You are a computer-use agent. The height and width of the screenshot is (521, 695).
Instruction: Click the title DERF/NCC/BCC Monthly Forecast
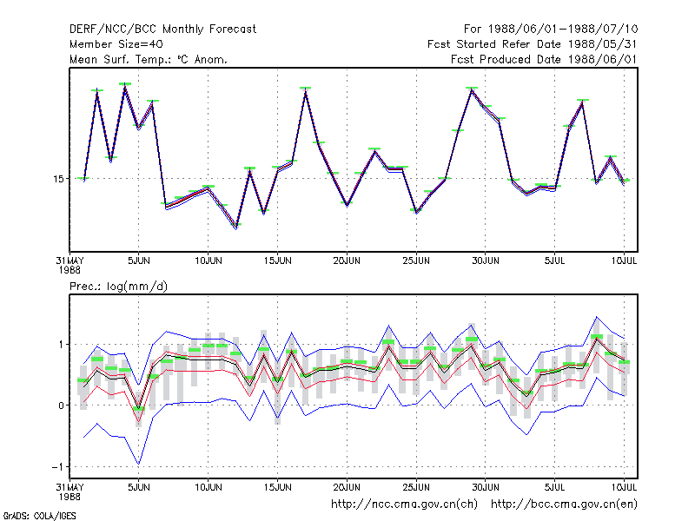coord(162,30)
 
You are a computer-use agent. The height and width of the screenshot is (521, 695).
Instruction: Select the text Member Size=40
coord(116,44)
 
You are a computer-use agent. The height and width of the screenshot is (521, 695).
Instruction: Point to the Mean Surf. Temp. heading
coord(148,59)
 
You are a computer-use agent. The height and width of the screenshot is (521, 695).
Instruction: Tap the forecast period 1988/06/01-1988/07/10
coord(563,30)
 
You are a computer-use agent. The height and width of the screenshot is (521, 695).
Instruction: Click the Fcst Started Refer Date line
coord(532,44)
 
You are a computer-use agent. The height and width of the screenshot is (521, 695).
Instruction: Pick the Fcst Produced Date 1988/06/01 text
coord(544,59)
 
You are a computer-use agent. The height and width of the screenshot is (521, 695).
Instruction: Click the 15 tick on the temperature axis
coord(58,179)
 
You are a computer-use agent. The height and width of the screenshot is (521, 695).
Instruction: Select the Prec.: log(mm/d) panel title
coord(118,287)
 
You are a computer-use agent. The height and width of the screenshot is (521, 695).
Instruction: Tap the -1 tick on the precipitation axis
coord(57,467)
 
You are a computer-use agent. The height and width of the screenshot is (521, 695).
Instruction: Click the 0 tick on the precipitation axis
coord(61,406)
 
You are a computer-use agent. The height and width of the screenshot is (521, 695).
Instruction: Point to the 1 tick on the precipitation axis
coord(61,344)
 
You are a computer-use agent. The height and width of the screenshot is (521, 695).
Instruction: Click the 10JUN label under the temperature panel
coord(208,261)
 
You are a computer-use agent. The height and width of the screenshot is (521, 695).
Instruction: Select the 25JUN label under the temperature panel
coord(416,261)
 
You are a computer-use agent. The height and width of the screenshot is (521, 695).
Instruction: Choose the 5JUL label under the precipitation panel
coord(554,487)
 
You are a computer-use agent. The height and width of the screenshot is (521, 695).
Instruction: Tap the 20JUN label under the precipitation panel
coord(347,487)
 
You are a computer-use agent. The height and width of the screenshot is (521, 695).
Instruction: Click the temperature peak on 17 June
coord(306,91)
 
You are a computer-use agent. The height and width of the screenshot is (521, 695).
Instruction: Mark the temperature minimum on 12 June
coord(235,227)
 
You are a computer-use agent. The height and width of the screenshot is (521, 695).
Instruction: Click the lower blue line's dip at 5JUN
coord(139,464)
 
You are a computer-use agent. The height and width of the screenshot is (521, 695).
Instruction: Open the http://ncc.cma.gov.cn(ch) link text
coord(404,505)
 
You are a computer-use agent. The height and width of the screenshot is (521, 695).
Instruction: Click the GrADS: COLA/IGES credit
coord(39,516)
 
